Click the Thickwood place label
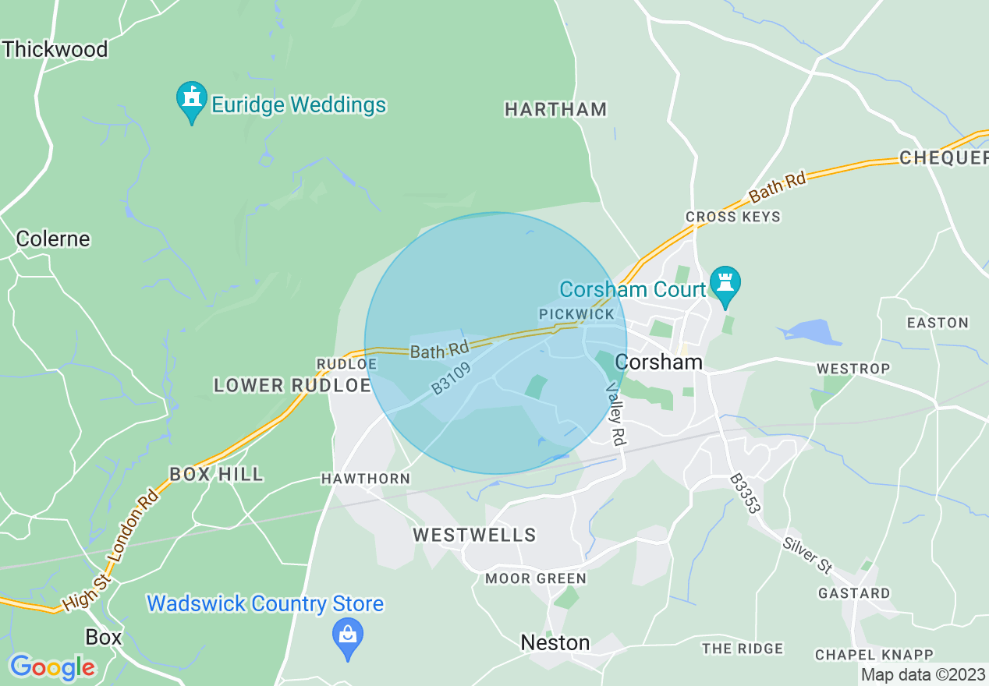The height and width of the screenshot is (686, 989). point(55,49)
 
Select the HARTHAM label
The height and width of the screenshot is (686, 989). point(555,109)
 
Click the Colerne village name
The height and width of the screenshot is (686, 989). point(53,239)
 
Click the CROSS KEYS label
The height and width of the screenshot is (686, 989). point(732,217)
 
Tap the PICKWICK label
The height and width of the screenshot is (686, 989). point(576,313)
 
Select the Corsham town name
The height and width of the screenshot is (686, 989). point(658,362)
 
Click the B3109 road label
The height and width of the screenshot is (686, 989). point(452,377)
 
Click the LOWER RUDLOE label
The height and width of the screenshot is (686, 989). point(292,385)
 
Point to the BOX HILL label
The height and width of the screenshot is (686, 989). point(216,474)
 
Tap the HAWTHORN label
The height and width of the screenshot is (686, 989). point(365,479)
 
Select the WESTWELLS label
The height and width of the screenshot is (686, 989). point(474,535)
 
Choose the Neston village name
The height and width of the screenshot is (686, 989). point(555,642)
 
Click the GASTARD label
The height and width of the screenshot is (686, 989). point(853,593)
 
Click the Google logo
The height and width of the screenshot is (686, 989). point(52,667)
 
